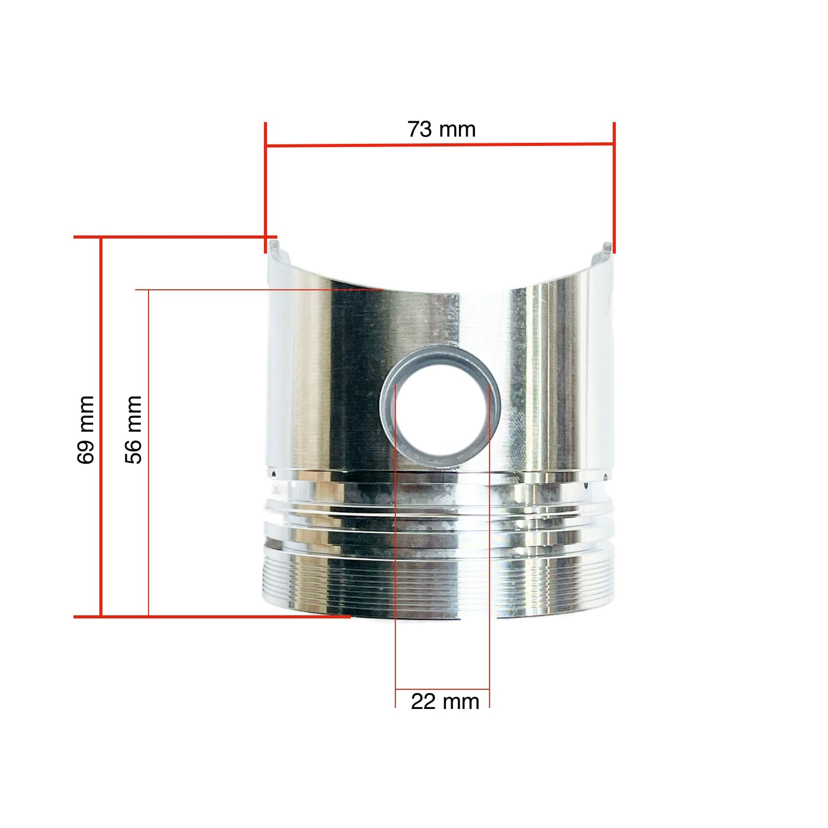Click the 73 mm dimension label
click(441, 129)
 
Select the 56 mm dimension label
click(134, 429)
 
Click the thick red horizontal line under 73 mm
click(440, 145)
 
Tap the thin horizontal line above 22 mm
click(442, 690)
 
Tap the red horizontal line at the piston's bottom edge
click(212, 616)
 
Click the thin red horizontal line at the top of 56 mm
click(259, 290)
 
